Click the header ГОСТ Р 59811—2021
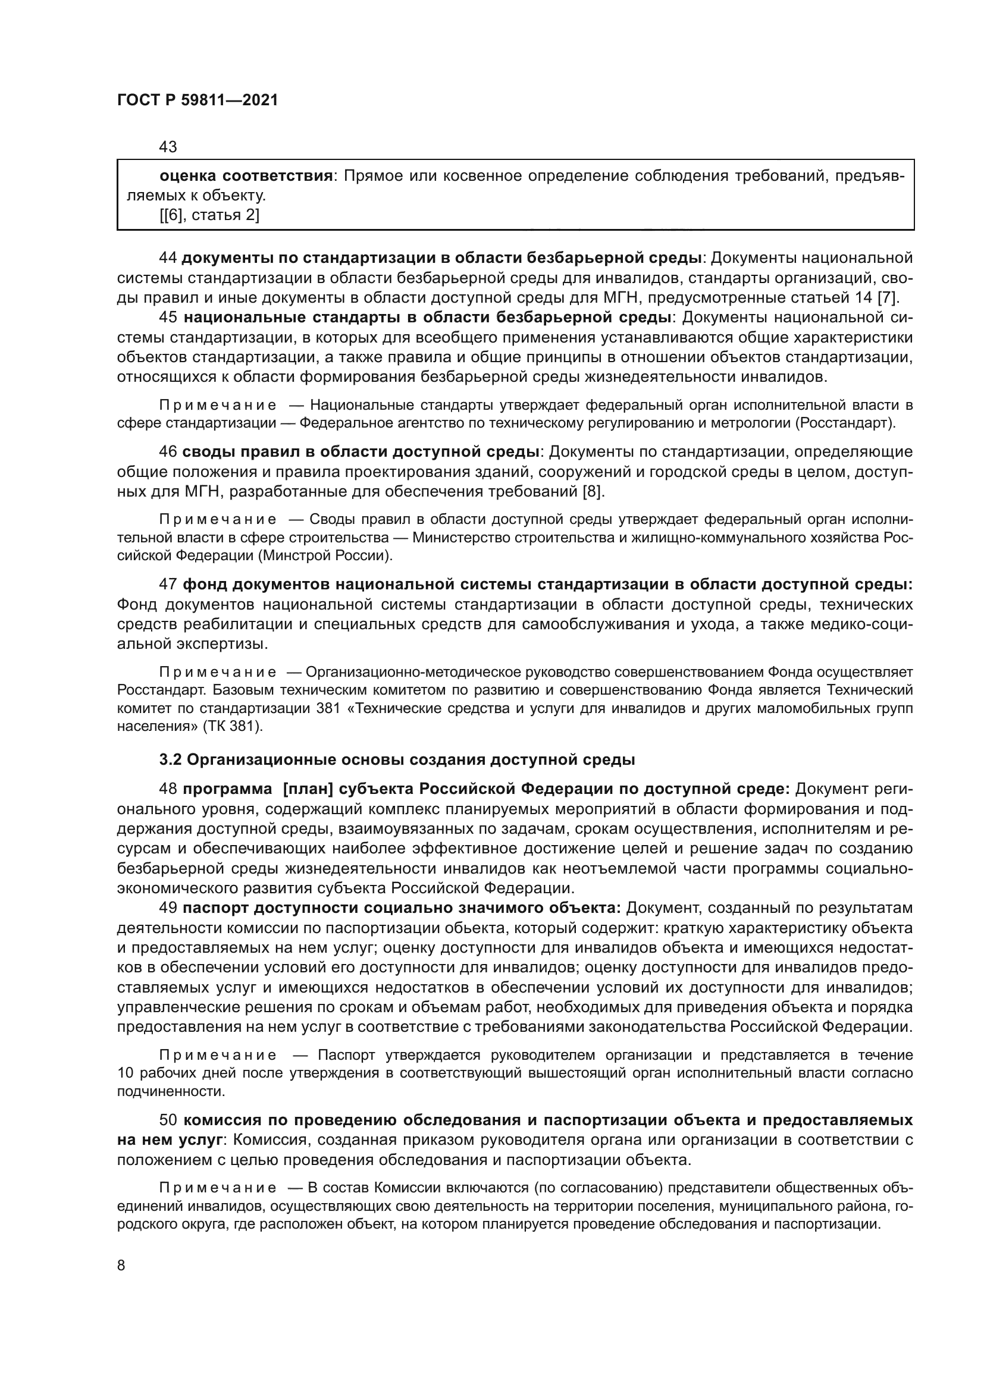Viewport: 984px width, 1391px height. click(198, 101)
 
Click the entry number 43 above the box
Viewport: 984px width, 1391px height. click(168, 147)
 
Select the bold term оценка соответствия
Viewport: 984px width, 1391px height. click(246, 176)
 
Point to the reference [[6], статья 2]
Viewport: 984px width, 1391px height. click(209, 215)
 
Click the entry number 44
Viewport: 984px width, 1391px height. click(168, 258)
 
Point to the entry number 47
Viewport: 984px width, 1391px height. click(168, 584)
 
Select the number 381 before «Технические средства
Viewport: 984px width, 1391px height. click(327, 708)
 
